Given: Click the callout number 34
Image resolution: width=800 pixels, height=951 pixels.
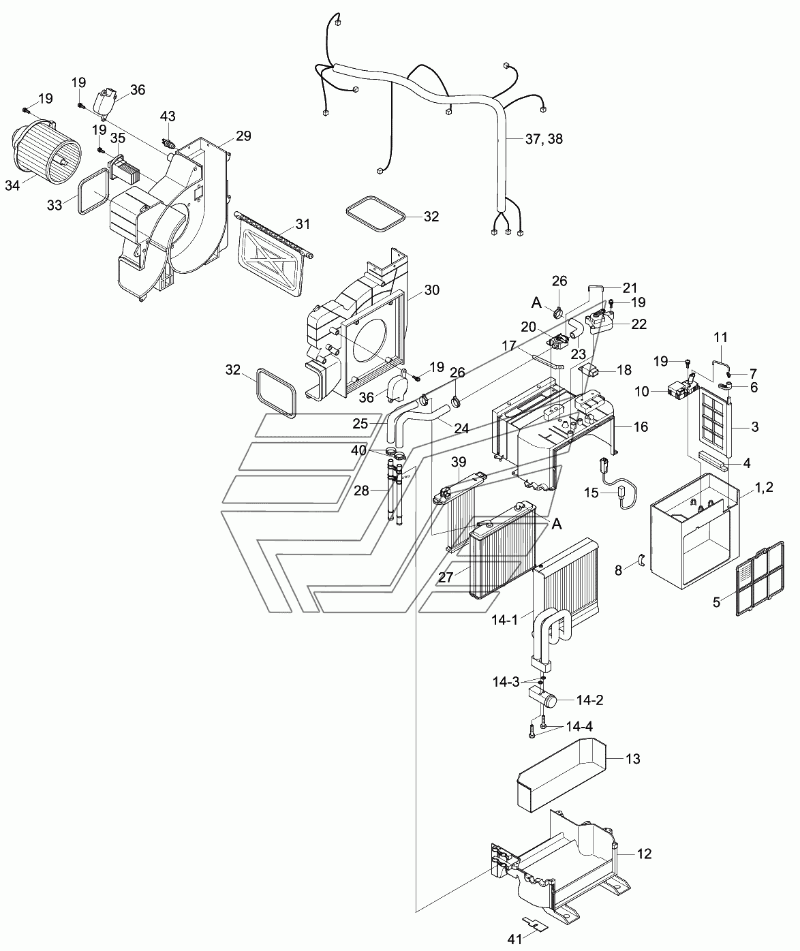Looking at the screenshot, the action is [13, 185].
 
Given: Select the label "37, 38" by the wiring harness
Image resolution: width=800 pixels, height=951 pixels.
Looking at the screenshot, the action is [544, 138].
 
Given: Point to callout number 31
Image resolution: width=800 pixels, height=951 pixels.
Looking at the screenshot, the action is [303, 224].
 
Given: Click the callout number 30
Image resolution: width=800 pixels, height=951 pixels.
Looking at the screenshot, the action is [431, 290].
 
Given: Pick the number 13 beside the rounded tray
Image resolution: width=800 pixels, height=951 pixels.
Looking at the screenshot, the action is [633, 759].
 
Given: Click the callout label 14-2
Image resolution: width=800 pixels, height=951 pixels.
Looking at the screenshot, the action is [589, 700].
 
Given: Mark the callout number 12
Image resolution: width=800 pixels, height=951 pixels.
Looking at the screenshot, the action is [644, 854].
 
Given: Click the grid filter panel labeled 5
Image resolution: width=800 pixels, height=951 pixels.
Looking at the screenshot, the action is [760, 578].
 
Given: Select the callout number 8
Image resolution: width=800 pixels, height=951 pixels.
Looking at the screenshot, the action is [618, 570].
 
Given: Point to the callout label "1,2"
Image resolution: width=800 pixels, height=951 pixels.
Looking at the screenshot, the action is [764, 487].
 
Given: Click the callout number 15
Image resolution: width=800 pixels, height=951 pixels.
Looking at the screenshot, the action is [591, 493].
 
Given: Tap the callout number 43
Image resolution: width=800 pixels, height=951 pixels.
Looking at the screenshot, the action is [168, 116].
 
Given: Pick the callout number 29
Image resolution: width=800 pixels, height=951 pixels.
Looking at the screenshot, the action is [243, 136].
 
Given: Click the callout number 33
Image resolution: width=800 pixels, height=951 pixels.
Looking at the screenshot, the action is [55, 206].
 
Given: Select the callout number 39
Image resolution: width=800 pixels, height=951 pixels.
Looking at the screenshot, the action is [459, 462].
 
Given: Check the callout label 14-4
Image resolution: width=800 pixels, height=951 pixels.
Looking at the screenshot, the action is [579, 726].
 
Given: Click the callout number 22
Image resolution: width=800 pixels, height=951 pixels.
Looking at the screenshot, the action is [639, 324].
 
